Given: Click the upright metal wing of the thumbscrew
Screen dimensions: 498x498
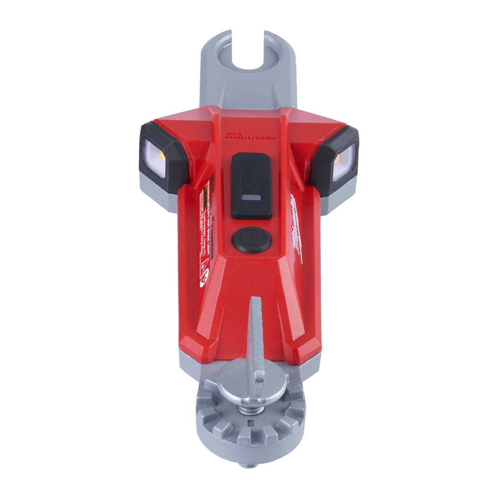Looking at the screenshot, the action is [256, 336].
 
